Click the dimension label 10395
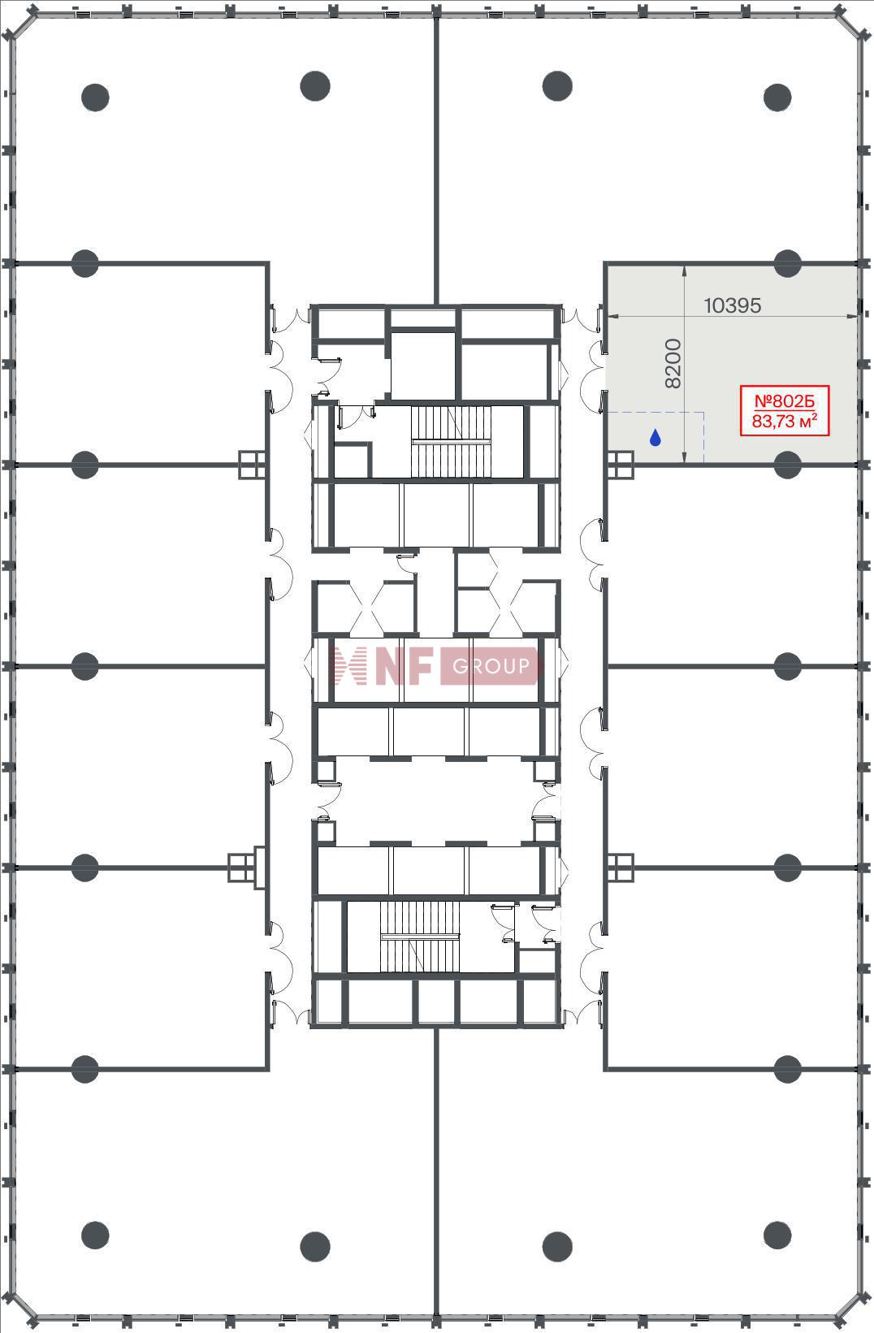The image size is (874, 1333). click(x=732, y=305)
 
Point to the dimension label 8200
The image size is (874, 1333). click(x=673, y=363)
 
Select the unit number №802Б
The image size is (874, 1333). click(x=784, y=401)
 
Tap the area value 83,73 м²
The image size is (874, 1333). click(x=784, y=421)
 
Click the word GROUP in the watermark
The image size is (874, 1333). click(x=491, y=666)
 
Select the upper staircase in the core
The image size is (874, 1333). click(x=451, y=442)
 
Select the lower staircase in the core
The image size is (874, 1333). click(x=420, y=937)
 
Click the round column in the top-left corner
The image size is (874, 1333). click(x=95, y=97)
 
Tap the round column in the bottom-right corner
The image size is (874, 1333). click(x=777, y=1236)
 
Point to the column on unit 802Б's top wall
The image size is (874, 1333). click(x=787, y=263)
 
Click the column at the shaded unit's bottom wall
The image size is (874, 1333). click(x=787, y=465)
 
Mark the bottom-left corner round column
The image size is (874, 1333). click(x=95, y=1236)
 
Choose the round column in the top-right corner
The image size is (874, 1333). click(x=777, y=97)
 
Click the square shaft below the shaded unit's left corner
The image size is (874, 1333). click(x=620, y=465)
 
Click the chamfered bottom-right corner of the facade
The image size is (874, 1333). click(x=855, y=1312)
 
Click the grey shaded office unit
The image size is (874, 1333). click(x=732, y=364)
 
